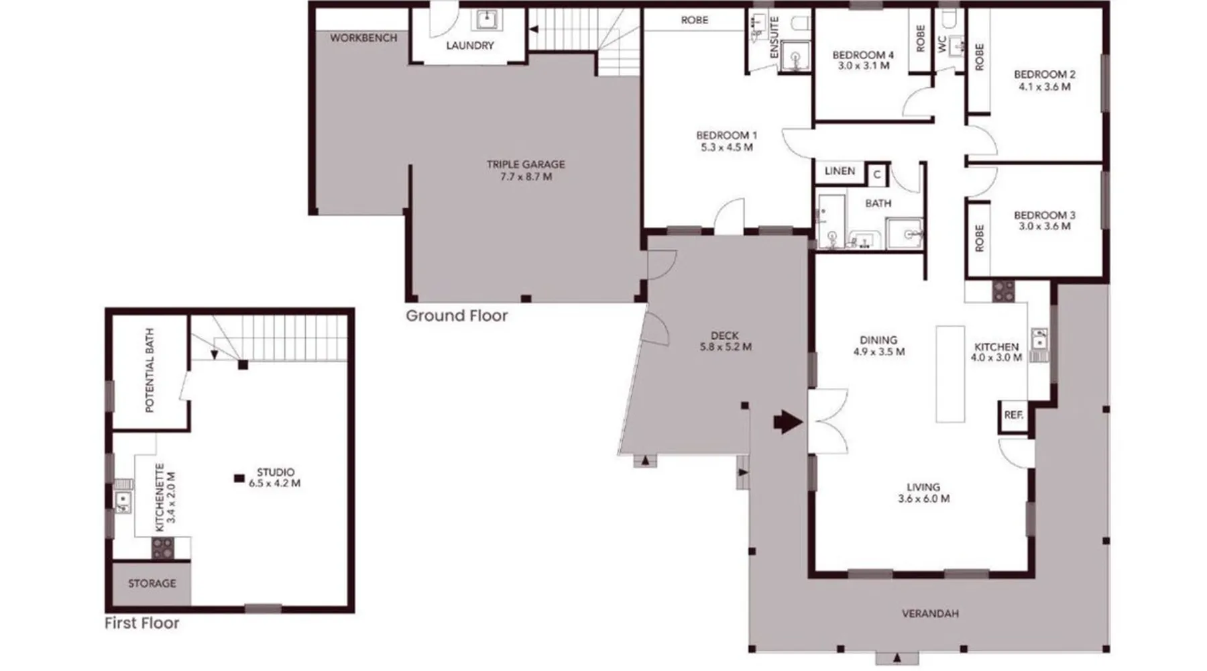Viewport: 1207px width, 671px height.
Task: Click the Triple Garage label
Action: pos(526,164)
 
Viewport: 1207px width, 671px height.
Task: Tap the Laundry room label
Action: pos(469,46)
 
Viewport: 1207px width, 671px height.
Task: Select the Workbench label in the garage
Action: pos(363,38)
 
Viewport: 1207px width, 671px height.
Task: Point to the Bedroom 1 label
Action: pos(726,136)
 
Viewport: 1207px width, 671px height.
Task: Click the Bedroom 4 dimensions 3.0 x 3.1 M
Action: pos(864,66)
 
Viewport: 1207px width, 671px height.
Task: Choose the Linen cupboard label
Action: pos(840,171)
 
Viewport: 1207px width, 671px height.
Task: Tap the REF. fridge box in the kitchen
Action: pos(1014,415)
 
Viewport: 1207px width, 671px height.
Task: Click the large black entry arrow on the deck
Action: pos(788,422)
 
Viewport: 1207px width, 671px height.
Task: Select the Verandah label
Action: pos(930,613)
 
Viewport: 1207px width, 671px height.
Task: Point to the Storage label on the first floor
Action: pos(152,583)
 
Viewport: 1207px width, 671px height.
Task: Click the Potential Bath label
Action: pos(150,370)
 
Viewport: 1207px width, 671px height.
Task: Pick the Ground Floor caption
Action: pos(457,315)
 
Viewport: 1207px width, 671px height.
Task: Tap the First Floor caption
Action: pos(142,623)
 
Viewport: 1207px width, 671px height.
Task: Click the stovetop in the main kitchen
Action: pos(1004,291)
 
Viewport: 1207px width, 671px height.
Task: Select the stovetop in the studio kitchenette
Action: pos(163,548)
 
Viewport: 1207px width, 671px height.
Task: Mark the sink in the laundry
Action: pos(487,20)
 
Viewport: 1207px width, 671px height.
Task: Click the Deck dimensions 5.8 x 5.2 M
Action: pos(726,347)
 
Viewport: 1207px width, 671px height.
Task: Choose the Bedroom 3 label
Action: pos(1044,215)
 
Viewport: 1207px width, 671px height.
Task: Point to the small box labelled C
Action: pos(877,175)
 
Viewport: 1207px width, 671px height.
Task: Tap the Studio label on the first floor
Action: pos(276,472)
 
